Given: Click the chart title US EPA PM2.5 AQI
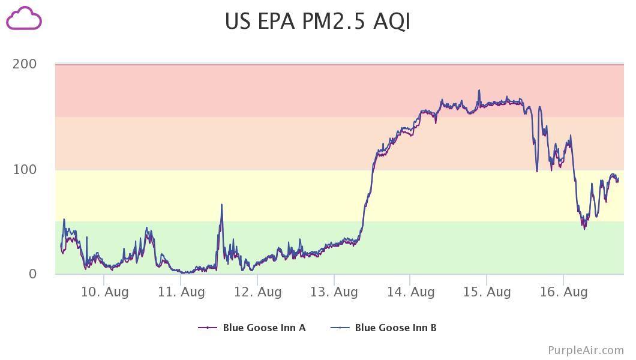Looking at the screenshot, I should tap(317, 21).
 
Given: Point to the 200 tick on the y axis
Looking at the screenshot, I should tap(25, 64).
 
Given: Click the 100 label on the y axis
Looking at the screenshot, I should tap(25, 169).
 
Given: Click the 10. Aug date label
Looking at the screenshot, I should tap(104, 292).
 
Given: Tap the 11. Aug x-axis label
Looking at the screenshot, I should tap(181, 292).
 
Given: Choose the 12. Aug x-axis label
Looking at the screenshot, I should tap(257, 292).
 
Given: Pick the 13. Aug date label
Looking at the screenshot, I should tap(334, 292).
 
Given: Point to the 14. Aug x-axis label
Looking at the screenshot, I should tap(410, 292).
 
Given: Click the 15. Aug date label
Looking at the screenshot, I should tap(487, 292).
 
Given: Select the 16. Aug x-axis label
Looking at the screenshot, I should tap(563, 292).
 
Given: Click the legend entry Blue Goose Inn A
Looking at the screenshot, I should tap(264, 328).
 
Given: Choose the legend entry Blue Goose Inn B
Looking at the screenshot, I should tap(395, 328).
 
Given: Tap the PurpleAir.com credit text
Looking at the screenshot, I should tap(586, 350).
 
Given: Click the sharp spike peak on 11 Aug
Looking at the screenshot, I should tap(221, 205).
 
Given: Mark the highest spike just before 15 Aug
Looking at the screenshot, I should tap(479, 90).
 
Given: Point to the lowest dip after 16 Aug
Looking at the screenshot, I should tap(584, 229).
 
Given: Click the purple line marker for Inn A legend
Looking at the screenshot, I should tap(208, 328).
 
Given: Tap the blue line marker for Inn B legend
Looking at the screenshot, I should tap(340, 328).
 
